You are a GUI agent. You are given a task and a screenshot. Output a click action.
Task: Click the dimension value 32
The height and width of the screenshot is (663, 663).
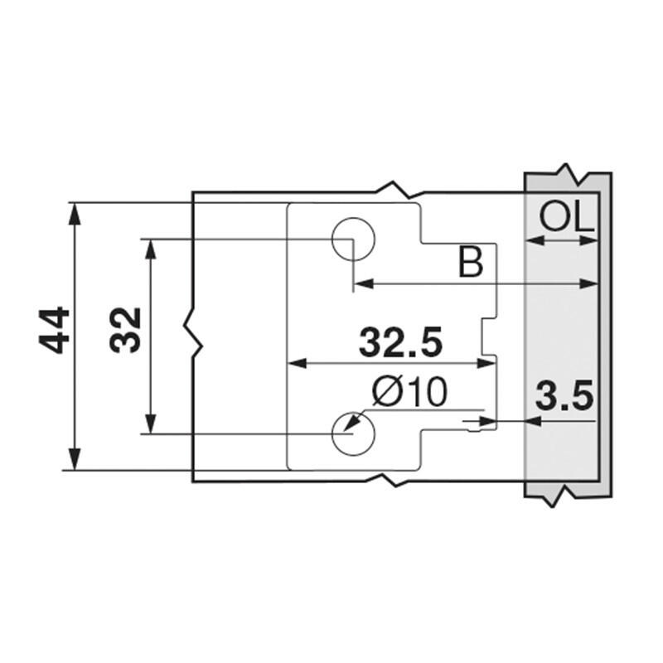[x=126, y=330]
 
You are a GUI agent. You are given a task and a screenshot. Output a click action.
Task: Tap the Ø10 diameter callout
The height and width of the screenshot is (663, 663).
[x=409, y=392]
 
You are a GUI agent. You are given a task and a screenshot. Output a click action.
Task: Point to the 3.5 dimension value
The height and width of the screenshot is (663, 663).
[x=565, y=399]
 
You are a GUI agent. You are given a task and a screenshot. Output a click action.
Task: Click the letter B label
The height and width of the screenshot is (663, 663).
[x=471, y=264]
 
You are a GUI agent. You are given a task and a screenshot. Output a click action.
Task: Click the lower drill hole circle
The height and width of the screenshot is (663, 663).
[x=353, y=433]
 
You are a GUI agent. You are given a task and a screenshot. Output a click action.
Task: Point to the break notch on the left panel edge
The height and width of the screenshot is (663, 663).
[x=196, y=332]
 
